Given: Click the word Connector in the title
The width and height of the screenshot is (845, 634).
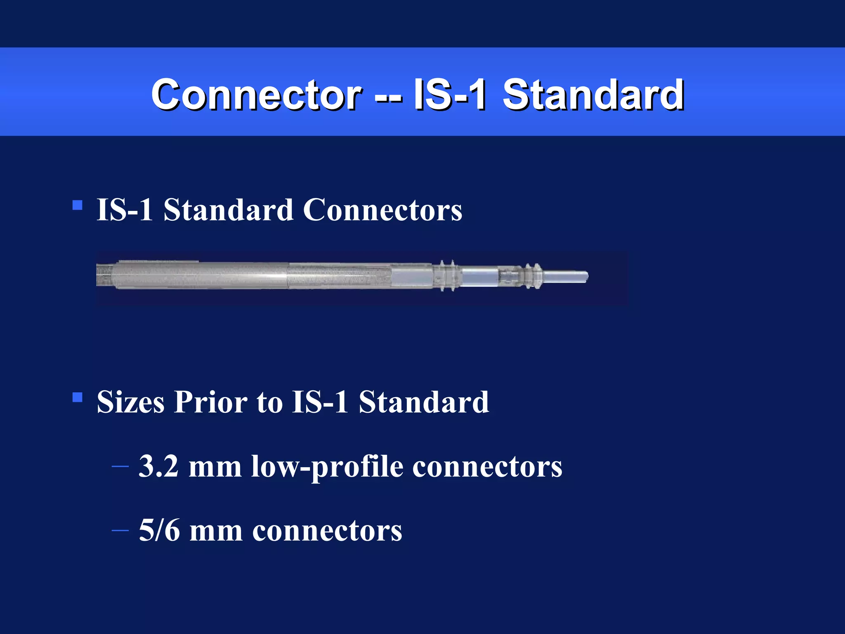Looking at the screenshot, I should click(x=256, y=95).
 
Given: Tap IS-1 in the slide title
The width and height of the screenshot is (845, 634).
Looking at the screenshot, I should click(x=450, y=95).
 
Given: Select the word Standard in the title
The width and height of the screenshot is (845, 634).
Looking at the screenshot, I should click(x=593, y=95).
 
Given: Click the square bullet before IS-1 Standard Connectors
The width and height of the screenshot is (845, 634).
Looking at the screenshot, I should click(x=77, y=205).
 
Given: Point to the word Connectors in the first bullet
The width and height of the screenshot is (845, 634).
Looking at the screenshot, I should click(x=382, y=210).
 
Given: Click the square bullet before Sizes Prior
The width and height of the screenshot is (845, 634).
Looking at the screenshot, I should click(x=77, y=397).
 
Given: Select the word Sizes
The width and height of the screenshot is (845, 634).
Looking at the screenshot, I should click(x=130, y=402).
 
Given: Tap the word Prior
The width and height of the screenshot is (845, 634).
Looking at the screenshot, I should click(x=210, y=402).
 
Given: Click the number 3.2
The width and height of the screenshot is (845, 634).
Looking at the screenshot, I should click(x=158, y=466).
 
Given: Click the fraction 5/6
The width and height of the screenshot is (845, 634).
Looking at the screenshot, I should click(x=159, y=530).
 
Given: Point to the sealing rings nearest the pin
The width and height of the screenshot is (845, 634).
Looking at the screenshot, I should click(x=531, y=275).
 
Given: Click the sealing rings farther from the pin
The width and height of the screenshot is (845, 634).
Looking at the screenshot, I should click(x=447, y=275).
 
